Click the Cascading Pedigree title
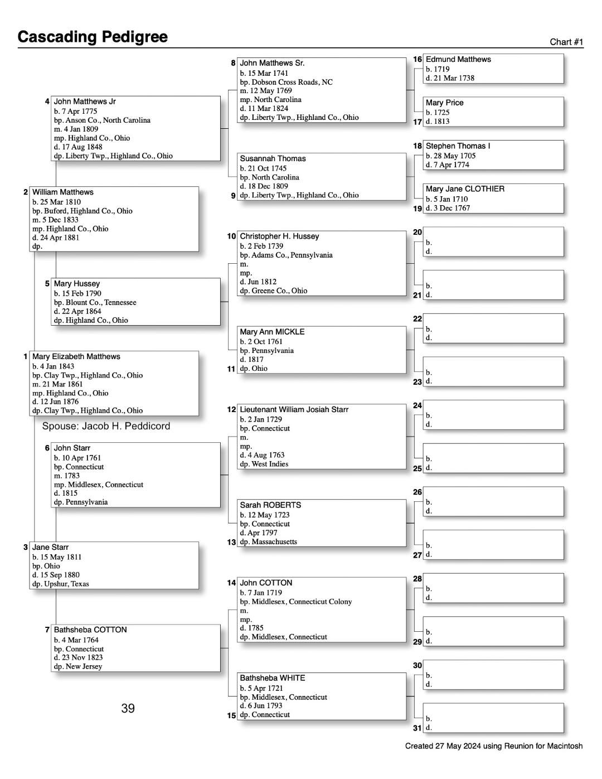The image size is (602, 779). [x=93, y=37]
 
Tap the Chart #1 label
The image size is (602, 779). [x=566, y=42]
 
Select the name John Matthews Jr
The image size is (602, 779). [x=85, y=101]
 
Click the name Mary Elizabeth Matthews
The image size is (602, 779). [x=76, y=356]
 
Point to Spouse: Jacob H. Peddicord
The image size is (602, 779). [x=106, y=426]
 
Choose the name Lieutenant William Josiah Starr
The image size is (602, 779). [x=294, y=409]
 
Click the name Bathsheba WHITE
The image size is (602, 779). [x=272, y=678]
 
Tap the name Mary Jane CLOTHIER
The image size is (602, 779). [x=465, y=189]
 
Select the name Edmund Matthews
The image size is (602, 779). [x=458, y=59]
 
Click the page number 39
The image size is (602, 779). [x=128, y=708]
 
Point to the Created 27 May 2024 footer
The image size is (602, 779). [x=493, y=746]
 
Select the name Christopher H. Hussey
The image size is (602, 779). [x=279, y=236]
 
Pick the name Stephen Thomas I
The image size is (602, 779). [x=458, y=146]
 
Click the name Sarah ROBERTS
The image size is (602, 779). [x=270, y=505]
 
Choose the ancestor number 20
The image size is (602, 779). [x=417, y=232]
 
